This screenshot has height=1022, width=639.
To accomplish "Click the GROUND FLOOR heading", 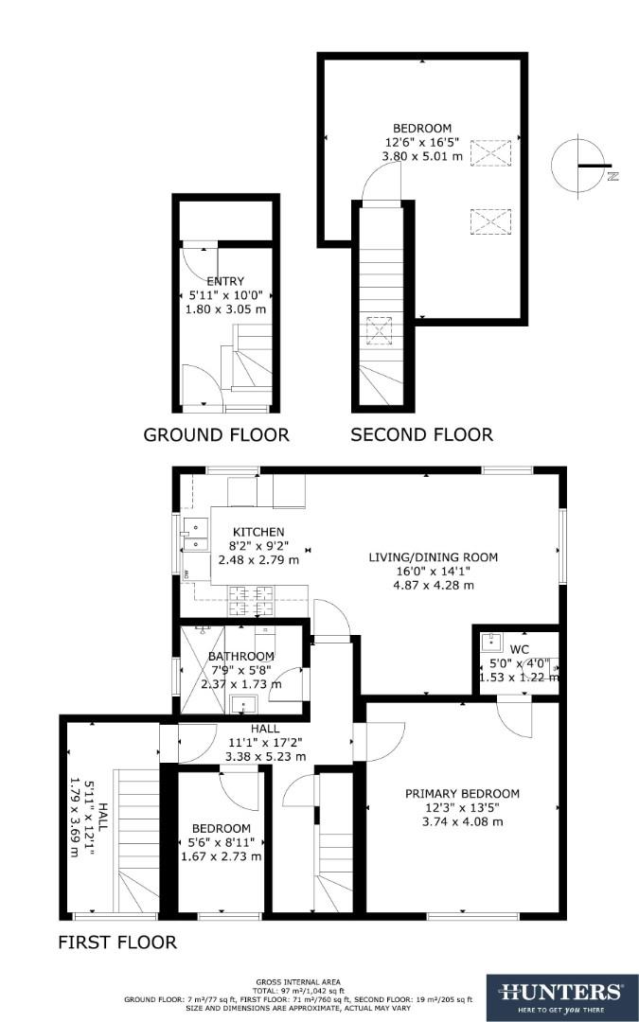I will coord(216,435).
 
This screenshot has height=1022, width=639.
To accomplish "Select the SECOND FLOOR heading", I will coord(421,435).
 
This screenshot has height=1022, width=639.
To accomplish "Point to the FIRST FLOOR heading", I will coord(117,943).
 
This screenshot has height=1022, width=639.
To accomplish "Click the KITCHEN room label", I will coord(258,532).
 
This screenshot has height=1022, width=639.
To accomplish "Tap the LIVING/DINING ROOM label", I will coord(433,557).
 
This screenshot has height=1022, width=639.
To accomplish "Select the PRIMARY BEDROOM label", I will coord(462,793).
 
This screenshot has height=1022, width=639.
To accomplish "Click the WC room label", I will coord(519,649).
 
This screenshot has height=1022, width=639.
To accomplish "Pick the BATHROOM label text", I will coord(241,657).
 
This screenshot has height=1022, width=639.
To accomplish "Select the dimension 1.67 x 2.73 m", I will coord(220,856).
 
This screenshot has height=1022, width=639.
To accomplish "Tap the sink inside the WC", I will coord(490,643).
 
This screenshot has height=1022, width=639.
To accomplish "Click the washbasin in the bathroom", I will coord(243,703).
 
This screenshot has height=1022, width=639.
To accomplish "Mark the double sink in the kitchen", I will coord(195,536).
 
